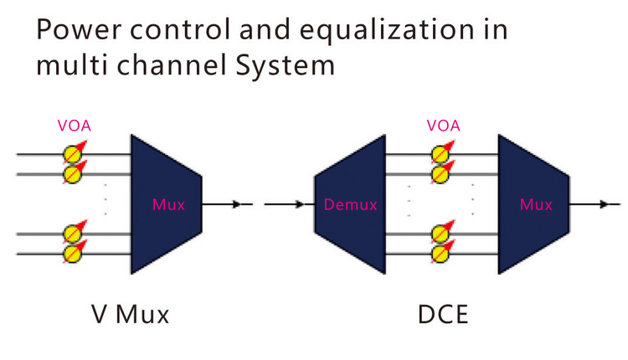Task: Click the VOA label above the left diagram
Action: (75, 126)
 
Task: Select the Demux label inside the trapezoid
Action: (351, 203)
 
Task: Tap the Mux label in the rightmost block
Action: (536, 203)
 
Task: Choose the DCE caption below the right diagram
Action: (444, 315)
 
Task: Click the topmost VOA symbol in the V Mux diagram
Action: (74, 154)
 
